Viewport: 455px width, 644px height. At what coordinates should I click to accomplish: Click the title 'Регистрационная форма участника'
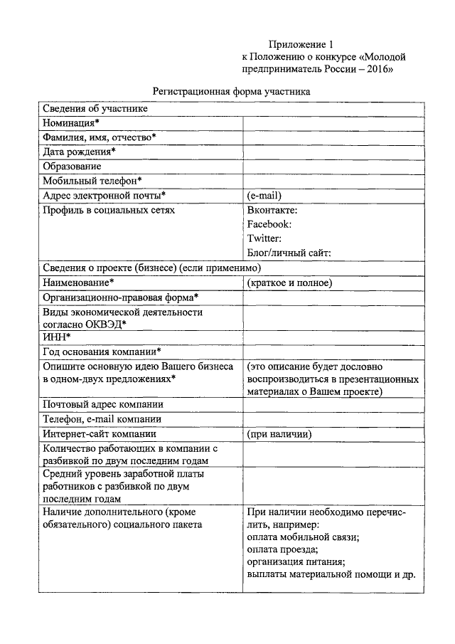click(232, 92)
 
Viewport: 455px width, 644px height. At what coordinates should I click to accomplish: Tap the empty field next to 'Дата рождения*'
click(333, 152)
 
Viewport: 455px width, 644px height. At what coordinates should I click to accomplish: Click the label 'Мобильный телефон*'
click(92, 181)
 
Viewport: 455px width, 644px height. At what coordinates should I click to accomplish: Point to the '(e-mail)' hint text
click(264, 195)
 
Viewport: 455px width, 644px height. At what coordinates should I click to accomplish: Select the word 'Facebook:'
click(269, 224)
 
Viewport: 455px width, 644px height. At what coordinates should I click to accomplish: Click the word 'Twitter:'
click(264, 238)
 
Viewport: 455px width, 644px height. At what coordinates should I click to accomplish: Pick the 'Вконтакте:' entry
click(272, 210)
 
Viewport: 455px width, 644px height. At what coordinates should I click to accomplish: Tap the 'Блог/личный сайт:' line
click(289, 253)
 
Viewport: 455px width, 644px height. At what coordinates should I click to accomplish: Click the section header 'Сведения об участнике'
click(95, 109)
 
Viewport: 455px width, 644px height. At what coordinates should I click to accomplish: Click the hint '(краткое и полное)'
click(289, 283)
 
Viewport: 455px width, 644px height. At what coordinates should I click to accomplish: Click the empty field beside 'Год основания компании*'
click(333, 352)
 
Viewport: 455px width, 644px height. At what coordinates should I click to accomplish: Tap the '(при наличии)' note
click(279, 433)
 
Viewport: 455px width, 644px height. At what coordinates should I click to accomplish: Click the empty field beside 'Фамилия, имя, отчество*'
click(333, 137)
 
